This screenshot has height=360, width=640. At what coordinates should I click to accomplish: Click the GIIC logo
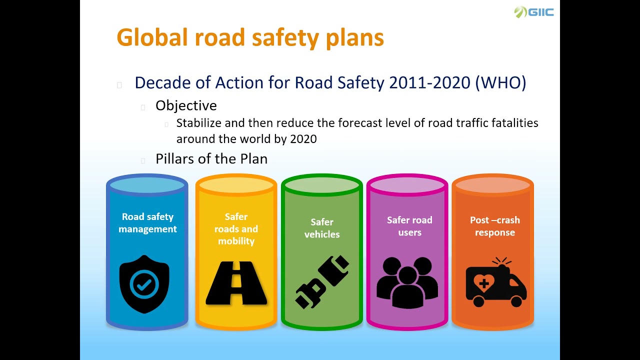[534, 12]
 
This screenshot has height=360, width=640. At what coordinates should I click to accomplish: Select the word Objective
[186, 105]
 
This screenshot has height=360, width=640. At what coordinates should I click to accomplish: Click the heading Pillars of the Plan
[211, 159]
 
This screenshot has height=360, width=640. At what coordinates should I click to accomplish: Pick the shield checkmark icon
[144, 284]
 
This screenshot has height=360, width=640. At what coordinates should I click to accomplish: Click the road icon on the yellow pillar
[236, 283]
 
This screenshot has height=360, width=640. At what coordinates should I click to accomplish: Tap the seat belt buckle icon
[322, 281]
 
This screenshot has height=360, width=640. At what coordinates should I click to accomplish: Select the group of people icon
[407, 282]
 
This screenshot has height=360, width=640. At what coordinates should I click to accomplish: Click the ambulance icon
[495, 282]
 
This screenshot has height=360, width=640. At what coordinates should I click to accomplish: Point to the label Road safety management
[147, 223]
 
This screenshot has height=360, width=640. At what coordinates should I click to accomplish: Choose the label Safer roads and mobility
[236, 229]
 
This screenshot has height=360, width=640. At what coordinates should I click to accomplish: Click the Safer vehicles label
[322, 228]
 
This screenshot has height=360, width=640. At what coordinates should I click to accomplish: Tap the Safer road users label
[409, 226]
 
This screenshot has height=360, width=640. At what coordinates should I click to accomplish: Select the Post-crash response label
[495, 226]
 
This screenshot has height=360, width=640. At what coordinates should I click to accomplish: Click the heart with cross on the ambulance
[483, 283]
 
